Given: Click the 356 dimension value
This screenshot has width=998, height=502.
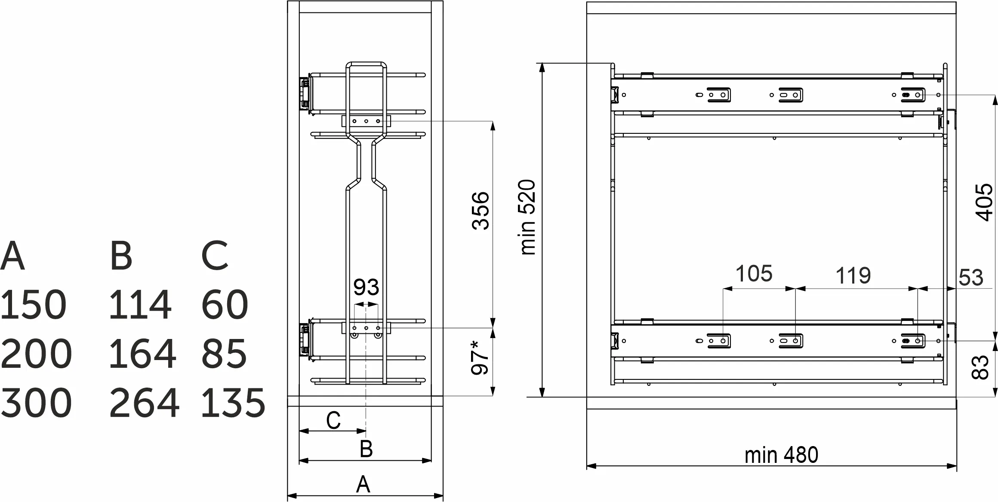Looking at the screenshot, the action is pos(481,211).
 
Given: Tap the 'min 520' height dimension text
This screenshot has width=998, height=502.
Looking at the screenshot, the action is pos(528,217).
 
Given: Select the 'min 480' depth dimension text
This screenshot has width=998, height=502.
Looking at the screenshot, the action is pos(781,455).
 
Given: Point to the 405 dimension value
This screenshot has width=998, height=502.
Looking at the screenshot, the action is pos(984,202).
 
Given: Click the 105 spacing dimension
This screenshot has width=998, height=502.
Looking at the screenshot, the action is pos(754,274).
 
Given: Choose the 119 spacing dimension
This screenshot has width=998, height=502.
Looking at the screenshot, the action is pos(853,276).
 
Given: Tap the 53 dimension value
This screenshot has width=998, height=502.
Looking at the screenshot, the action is pos(971,277).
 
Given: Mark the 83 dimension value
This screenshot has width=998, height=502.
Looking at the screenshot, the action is pos(981,366).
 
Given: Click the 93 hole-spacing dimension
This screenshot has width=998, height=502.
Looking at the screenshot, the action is pos(366,287).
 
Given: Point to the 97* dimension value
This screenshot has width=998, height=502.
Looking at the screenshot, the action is pos(480,357).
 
